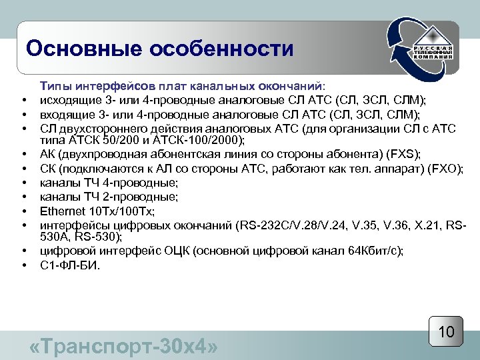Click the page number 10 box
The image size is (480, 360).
click(446, 331)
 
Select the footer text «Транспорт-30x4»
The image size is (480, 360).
click(125, 347)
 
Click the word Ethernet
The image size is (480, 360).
click(64, 211)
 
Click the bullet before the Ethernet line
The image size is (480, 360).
click(23, 212)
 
